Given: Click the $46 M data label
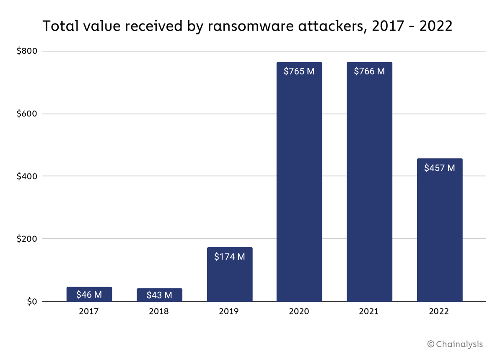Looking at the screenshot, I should (x=89, y=295).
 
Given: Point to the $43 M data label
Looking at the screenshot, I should (x=159, y=295).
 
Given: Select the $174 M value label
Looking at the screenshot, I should (x=230, y=256).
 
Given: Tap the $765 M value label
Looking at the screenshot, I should (x=299, y=71).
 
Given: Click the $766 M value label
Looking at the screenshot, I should (x=369, y=71).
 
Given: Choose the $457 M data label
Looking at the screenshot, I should (x=440, y=168).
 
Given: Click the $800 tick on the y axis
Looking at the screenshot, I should (x=27, y=51).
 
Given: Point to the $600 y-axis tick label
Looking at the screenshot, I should (x=27, y=114).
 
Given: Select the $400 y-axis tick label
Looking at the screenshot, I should (x=27, y=176).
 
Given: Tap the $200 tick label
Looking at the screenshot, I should (x=27, y=239).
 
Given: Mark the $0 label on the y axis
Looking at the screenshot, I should (x=32, y=302).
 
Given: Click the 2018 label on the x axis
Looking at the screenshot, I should (x=159, y=312).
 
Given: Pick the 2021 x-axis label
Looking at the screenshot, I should (x=369, y=312).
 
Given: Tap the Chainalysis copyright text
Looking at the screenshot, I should (x=455, y=344).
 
